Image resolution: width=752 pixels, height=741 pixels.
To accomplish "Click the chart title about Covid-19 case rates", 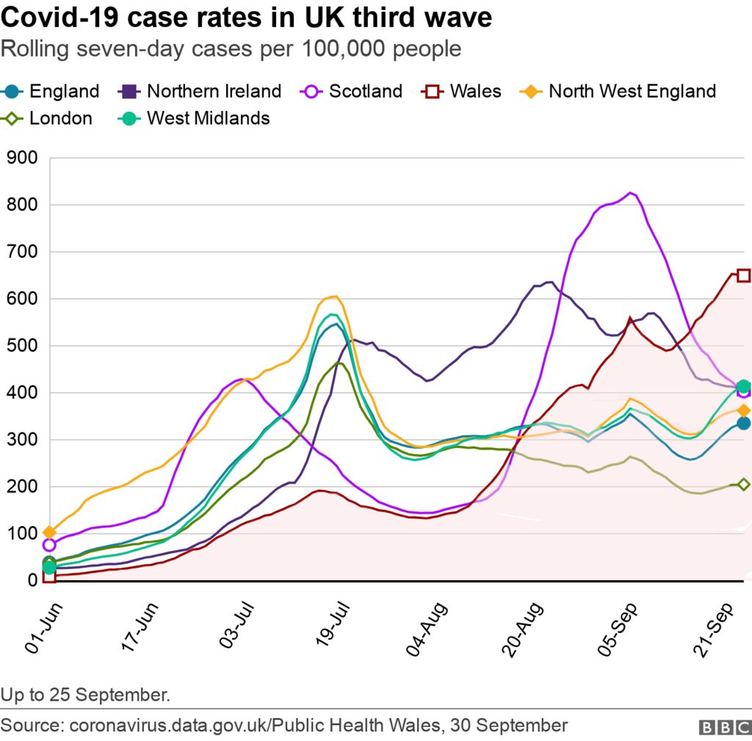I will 247,18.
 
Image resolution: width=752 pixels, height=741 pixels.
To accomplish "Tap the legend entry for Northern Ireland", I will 200,91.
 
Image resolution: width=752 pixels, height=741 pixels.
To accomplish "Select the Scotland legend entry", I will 352,91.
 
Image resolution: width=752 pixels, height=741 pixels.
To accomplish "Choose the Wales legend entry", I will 462,91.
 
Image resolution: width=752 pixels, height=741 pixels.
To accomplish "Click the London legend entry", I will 48,118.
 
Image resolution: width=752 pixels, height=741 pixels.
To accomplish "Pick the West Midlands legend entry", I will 195,118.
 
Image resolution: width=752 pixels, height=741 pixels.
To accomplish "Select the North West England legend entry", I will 618,91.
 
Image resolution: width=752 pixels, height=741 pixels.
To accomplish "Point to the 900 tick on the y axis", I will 22,158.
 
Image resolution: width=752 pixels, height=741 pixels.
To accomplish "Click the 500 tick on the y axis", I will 22,346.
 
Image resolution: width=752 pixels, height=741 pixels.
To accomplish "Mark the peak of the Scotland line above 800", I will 630,193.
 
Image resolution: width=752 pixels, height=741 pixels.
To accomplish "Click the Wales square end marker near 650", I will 743,275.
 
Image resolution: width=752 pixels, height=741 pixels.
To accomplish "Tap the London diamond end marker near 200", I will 743,485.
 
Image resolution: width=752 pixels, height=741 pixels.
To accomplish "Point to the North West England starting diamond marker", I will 49,532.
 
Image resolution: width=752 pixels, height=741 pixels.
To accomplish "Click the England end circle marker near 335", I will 743,423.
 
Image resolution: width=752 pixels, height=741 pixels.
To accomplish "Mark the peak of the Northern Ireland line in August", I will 547,281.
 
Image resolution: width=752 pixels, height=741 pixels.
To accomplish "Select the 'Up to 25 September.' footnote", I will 86,694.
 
